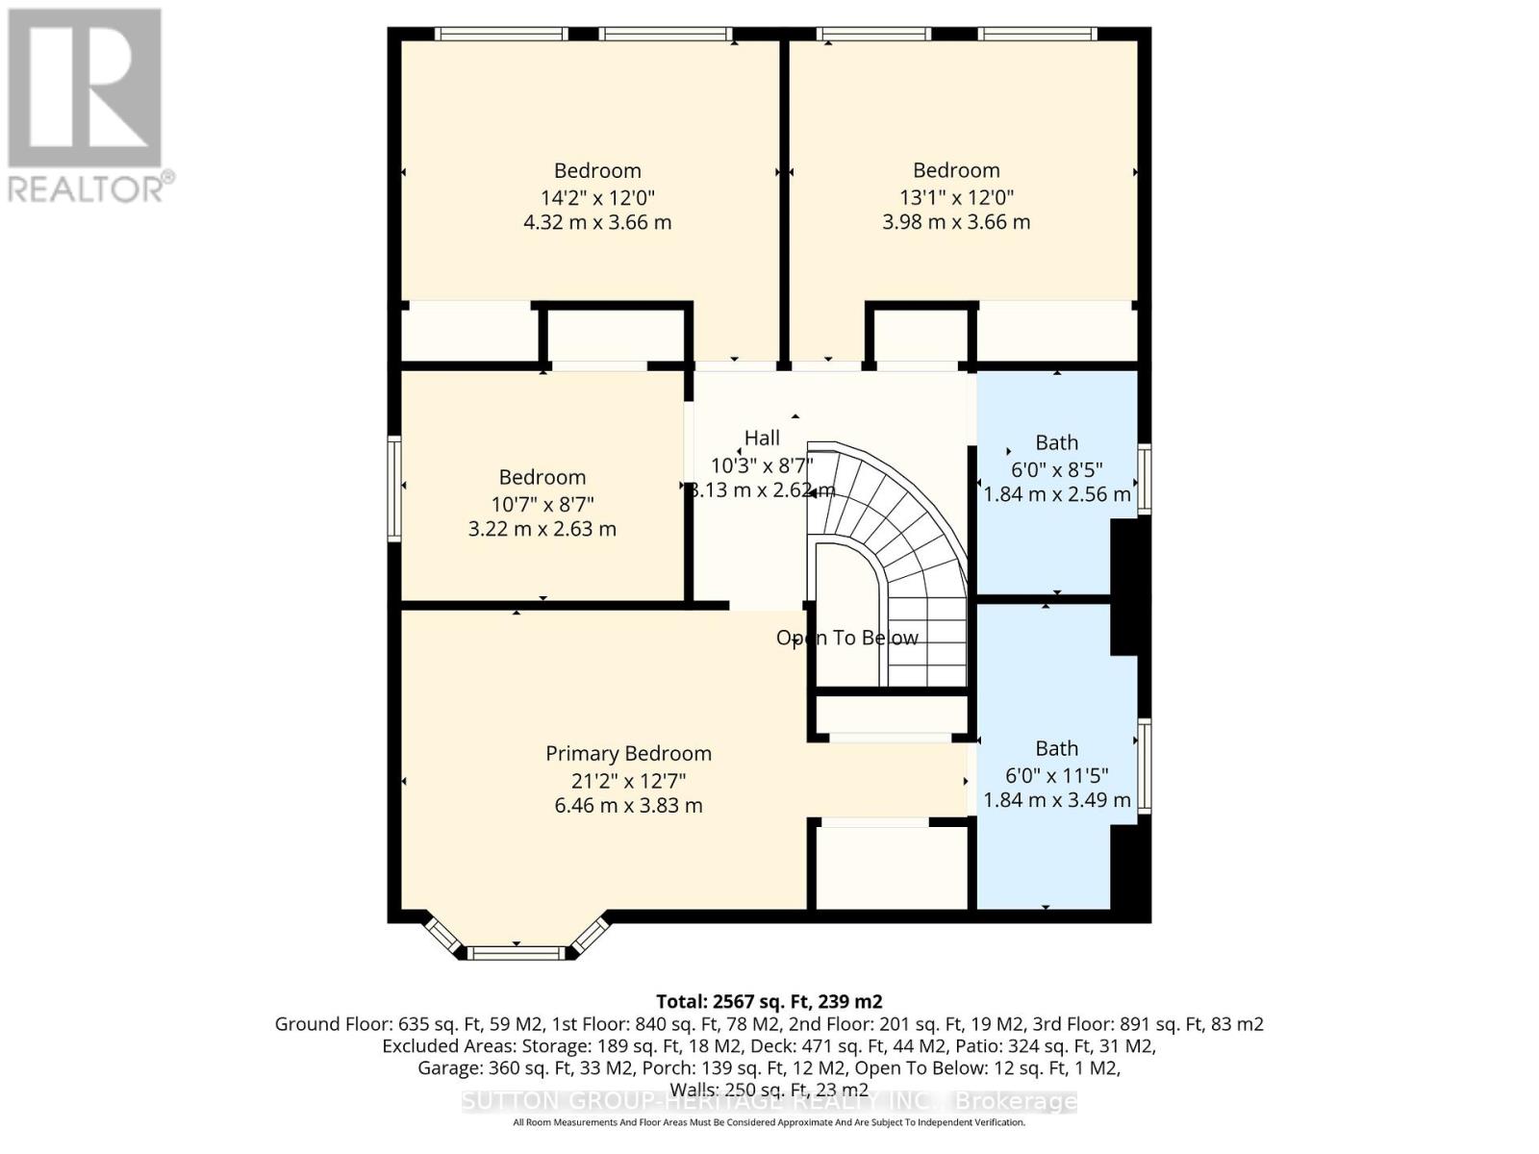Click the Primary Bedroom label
coord(628,754)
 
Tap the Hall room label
coord(762,439)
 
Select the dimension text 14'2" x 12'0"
coord(596,198)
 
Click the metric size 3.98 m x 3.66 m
coord(956,222)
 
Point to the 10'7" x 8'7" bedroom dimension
coord(542,504)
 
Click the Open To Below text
coord(847,639)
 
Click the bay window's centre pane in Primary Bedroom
coord(517,953)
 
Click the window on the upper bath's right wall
coord(1144,478)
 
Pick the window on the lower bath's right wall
coord(1144,766)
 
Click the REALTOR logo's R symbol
coord(85,88)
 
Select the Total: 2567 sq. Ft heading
coord(769,1001)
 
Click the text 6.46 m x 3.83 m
coord(628,806)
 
